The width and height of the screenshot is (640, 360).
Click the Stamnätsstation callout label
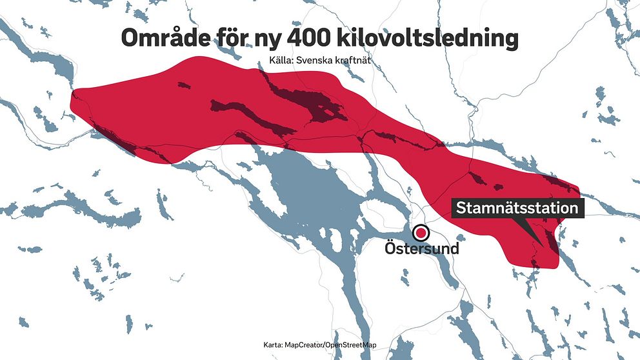(517, 208)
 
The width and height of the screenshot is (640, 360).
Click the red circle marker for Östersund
(421, 233)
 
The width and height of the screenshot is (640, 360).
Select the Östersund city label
(421, 248)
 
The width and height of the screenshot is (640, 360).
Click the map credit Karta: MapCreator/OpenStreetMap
(319, 345)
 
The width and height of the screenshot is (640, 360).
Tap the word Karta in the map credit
(274, 345)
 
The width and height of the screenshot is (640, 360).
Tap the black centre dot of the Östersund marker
(421, 233)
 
